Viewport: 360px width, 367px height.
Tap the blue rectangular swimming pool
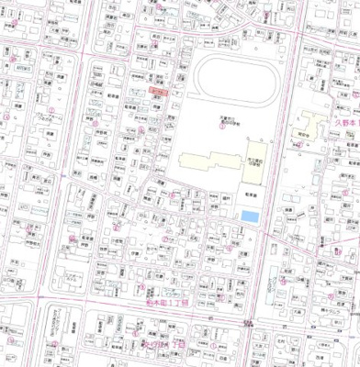click(x=249, y=215)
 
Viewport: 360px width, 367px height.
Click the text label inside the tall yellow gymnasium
click(x=255, y=161)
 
